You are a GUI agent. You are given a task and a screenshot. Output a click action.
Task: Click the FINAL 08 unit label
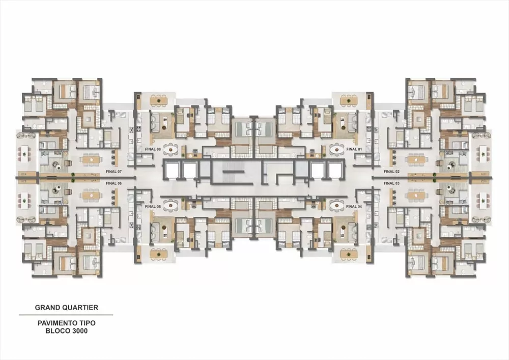pos(152,149)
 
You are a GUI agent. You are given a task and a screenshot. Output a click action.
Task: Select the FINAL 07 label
pos(114,172)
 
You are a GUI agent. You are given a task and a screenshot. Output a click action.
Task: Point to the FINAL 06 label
pos(114,182)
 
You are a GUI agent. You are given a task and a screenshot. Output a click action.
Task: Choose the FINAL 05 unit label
pos(152,207)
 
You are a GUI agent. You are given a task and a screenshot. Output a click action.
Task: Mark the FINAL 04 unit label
pos(353,207)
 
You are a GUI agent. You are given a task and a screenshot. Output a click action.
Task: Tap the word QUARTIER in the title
pos(80,308)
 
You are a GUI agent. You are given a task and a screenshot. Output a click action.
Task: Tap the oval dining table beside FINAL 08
pos(172,149)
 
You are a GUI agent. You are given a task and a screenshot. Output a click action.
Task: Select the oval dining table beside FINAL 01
pos(336,149)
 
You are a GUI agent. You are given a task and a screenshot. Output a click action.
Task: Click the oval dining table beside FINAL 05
pos(172,205)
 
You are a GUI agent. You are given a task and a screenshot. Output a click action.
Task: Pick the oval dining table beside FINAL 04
pos(336,205)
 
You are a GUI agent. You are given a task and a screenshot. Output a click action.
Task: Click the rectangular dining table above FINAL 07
pos(90,159)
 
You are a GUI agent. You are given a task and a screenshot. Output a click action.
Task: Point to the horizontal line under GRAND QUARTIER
pos(66,315)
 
